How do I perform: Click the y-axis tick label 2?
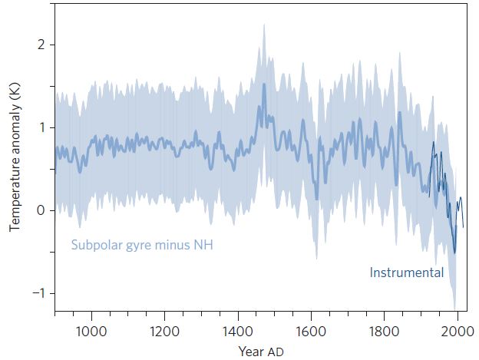click(41, 45)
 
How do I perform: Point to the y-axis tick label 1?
click(41, 127)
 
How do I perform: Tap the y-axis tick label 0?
click(41, 210)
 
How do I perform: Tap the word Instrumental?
click(407, 272)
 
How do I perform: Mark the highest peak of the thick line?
click(264, 84)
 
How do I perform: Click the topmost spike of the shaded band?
click(264, 24)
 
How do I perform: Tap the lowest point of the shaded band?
click(455, 308)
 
